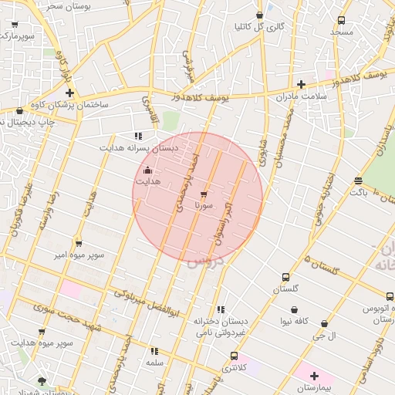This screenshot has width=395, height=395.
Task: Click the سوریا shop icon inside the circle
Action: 204,194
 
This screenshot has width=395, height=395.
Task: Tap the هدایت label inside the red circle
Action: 147,181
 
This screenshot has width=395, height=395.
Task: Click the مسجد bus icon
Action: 341,21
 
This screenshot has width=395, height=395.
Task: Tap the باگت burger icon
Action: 358,181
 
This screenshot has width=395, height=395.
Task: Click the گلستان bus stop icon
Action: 286,277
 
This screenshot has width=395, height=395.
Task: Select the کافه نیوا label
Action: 295,320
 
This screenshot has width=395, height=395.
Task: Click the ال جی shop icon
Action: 324,324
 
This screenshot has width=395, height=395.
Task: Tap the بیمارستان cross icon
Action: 314,375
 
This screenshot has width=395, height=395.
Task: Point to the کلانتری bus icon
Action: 234,356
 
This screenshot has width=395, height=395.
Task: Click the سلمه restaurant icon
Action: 155,350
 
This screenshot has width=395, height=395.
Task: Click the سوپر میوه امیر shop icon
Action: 79,243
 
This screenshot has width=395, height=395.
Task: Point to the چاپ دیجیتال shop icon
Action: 19,110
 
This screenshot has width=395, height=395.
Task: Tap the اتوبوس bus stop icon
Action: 390,296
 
